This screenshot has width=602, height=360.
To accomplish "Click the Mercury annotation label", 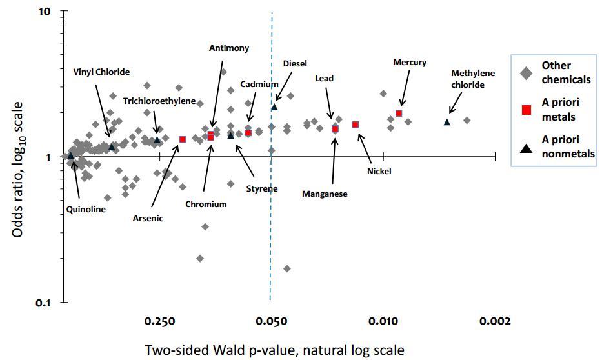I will click(410, 63).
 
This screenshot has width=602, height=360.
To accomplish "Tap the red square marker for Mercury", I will click(399, 114).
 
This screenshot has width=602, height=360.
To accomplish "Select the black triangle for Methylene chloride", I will click(446, 121).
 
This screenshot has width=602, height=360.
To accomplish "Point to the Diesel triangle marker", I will click(274, 106).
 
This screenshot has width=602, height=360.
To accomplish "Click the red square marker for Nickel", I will click(355, 125).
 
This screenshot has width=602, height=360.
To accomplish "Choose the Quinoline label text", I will click(86, 209).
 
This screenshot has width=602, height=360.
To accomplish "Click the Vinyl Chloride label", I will click(101, 72).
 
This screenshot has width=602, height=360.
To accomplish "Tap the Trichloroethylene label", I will click(159, 101).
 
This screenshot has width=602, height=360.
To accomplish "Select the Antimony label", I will click(229, 48).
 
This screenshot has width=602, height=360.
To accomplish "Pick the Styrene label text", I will click(262, 189).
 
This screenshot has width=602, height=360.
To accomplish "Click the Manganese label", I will click(325, 194).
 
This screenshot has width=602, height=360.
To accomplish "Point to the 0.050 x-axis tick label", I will click(271, 321).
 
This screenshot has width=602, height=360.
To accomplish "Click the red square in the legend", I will click(526, 110).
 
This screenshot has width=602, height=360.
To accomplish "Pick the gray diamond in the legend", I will click(526, 73).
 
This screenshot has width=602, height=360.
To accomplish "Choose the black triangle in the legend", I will click(526, 147).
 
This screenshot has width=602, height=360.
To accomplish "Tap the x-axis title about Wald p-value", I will click(274, 350).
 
